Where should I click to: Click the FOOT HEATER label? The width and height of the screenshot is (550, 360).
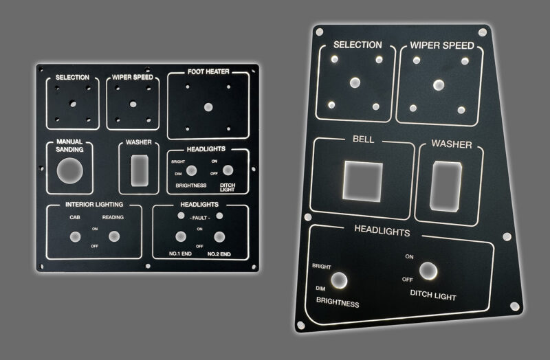coord(208,71)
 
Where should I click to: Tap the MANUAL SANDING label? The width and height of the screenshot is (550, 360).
coord(69,146)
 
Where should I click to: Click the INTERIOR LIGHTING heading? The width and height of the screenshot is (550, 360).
coord(94,205)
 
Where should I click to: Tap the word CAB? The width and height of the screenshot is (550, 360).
coord(75,217)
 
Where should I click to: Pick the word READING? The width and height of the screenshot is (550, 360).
coord(114,217)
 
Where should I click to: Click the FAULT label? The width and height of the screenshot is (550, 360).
coord(199,217)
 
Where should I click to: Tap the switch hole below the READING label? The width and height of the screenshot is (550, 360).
coord(114,236)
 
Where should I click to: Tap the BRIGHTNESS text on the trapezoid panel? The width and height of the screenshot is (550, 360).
coord(338,302)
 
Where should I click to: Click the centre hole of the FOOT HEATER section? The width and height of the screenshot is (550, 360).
coord(208,107)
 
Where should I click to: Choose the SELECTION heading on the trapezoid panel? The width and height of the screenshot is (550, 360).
coord(357,45)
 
